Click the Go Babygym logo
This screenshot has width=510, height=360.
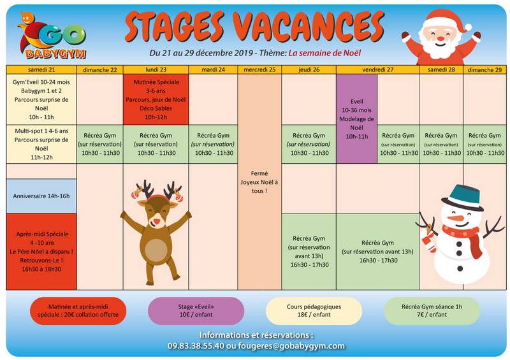tap(52, 36)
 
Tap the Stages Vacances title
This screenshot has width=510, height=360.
tap(254, 27)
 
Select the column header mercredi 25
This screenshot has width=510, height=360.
tap(259, 69)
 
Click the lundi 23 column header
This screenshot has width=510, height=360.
tap(156, 69)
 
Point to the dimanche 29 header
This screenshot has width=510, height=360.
tap(484, 69)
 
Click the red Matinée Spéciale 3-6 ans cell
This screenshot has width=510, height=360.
tap(156, 99)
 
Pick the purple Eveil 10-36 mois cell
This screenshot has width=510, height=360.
tap(357, 119)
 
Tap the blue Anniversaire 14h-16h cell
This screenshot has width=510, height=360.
tap(41, 196)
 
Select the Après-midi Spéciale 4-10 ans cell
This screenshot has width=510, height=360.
tap(41, 252)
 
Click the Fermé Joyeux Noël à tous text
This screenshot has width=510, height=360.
tap(259, 182)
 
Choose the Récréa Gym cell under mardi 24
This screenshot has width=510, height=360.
tap(214, 144)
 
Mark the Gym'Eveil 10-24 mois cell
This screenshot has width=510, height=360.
tap(41, 99)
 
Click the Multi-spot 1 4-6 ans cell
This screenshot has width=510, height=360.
tap(41, 144)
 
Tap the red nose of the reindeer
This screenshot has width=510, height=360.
tap(157, 222)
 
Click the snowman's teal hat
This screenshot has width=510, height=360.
tap(463, 197)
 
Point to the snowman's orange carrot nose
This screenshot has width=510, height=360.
tap(455, 218)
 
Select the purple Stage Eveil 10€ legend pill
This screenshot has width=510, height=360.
tap(196, 310)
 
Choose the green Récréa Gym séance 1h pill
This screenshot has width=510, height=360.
tap(432, 310)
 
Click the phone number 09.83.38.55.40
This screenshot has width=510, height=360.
tap(196, 346)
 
